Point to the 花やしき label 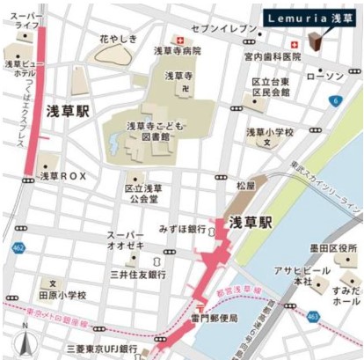pyautogui.click(x=117, y=40)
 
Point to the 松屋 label pyautogui.click(x=245, y=187)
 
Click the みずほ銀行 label pyautogui.click(x=183, y=228)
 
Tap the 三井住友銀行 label pyautogui.click(x=138, y=275)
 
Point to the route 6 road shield pyautogui.click(x=336, y=101)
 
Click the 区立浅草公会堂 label pyautogui.click(x=142, y=193)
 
